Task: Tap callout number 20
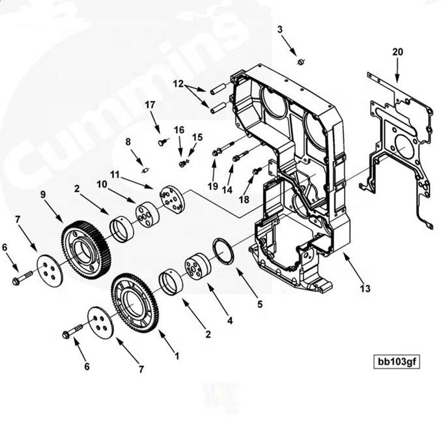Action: [397, 52]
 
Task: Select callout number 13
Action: [364, 287]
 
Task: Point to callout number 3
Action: [280, 29]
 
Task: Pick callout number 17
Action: [150, 104]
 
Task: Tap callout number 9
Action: [43, 194]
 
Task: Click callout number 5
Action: [260, 304]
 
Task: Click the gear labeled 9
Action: [85, 248]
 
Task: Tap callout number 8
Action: [128, 141]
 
